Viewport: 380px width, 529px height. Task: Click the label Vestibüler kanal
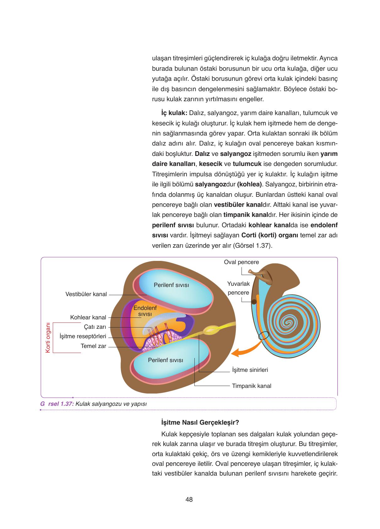pos(86,294)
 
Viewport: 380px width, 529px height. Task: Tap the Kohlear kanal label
pos(88,317)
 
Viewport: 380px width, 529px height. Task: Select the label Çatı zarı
pos(95,327)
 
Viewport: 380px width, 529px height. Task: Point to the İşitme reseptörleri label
pos(83,336)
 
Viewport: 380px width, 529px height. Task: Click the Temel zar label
pos(93,346)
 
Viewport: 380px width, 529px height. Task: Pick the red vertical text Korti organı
pos(48,337)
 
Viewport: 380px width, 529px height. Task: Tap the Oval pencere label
pos(241,262)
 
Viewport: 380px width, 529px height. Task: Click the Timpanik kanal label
pos(252,386)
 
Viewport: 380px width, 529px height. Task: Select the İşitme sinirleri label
pos(250,370)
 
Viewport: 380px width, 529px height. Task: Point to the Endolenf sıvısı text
pos(145,311)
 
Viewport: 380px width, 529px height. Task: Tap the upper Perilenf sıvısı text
pos(171,285)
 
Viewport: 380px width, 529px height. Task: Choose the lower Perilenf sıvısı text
pos(166,360)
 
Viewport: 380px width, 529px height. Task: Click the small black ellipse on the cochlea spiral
pos(264,335)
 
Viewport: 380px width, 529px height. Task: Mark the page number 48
pos(189,499)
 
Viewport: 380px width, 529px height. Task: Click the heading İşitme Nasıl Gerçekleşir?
pos(200,422)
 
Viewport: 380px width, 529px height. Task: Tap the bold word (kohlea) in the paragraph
pos(250,184)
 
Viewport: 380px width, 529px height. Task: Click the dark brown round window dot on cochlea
pos(254,302)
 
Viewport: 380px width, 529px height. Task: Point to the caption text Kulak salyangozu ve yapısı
pos(111,404)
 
